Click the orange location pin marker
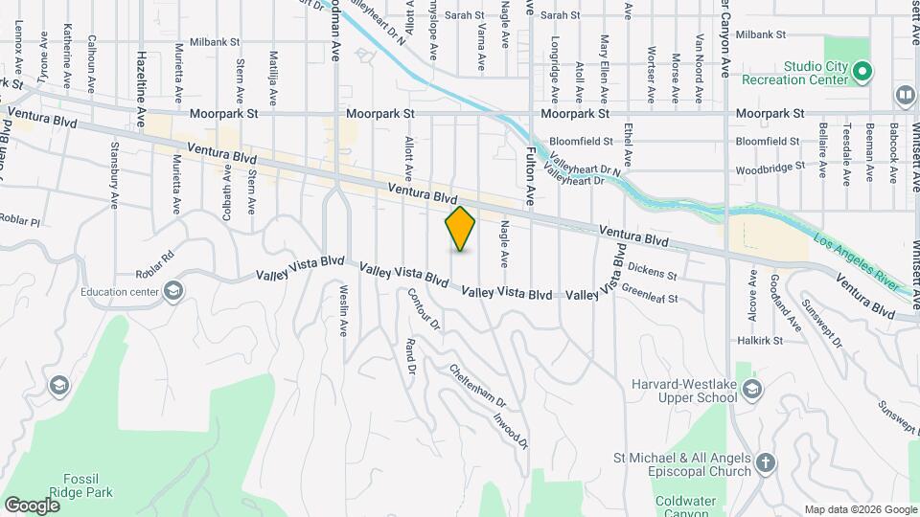461,228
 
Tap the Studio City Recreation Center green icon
862,72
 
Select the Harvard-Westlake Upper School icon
752,388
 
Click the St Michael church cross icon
764,463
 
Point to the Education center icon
172,291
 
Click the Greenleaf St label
650,293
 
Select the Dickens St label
652,273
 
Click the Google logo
33,505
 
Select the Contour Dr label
424,309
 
